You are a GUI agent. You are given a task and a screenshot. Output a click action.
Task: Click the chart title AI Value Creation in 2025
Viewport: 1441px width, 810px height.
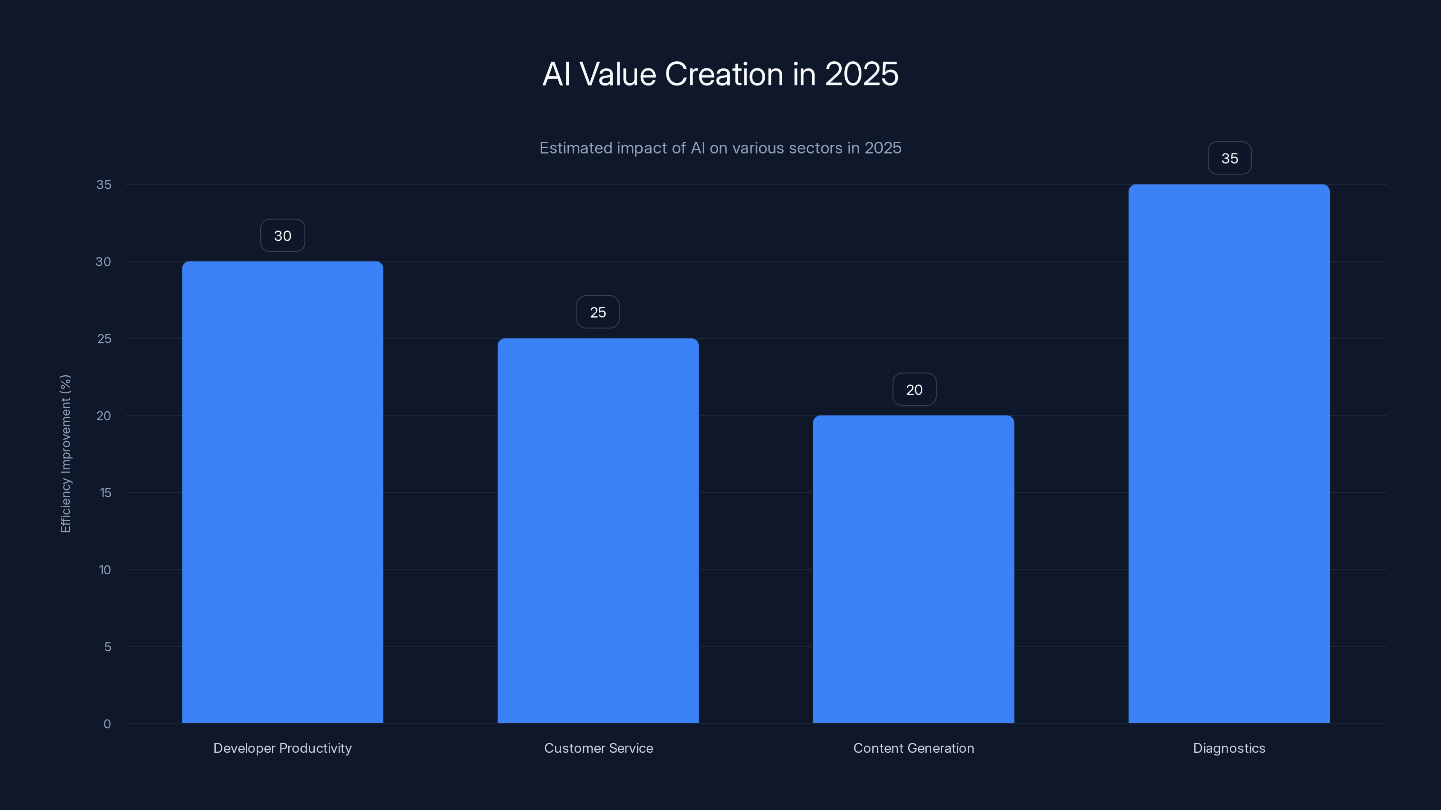(720, 74)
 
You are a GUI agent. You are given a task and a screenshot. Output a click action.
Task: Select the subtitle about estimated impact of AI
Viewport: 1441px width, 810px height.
(720, 148)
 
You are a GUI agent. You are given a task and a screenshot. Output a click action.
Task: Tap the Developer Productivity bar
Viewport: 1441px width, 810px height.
(282, 492)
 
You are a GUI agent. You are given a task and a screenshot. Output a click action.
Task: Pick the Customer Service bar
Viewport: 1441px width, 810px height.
(598, 531)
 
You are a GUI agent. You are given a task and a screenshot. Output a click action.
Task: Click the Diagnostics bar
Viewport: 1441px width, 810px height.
(1229, 453)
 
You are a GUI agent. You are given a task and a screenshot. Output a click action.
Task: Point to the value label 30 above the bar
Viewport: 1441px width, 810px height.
(282, 236)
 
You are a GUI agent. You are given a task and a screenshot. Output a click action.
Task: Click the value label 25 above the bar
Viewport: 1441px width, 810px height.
(598, 312)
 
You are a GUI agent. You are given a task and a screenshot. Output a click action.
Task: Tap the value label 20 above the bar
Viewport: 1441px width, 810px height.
(914, 390)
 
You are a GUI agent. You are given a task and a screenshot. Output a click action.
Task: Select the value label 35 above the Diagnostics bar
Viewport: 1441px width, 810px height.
(1229, 159)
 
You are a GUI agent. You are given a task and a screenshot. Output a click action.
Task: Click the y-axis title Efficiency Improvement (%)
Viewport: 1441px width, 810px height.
(65, 453)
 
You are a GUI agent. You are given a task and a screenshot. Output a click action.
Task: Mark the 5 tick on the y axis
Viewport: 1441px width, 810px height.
(108, 647)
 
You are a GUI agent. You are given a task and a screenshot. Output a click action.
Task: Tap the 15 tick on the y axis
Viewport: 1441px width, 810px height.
(105, 492)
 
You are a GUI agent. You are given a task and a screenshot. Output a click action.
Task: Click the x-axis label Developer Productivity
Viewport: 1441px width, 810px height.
(282, 748)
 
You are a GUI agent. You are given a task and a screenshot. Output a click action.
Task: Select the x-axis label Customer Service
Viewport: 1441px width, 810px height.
(598, 748)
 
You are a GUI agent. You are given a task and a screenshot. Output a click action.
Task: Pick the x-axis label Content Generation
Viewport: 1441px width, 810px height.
(914, 748)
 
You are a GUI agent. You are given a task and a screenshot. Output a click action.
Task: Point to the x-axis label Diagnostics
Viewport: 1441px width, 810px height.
(1229, 748)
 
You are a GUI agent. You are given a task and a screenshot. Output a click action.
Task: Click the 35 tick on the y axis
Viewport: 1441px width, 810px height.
(104, 184)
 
